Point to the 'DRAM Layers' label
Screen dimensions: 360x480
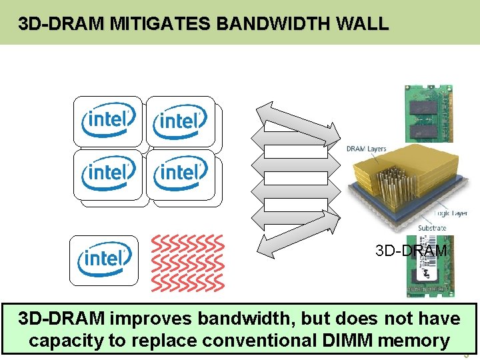click(366, 149)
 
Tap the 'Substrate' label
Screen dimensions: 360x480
click(432, 228)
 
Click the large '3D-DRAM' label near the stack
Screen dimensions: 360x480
click(411, 251)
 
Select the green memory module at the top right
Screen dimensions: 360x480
click(428, 113)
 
